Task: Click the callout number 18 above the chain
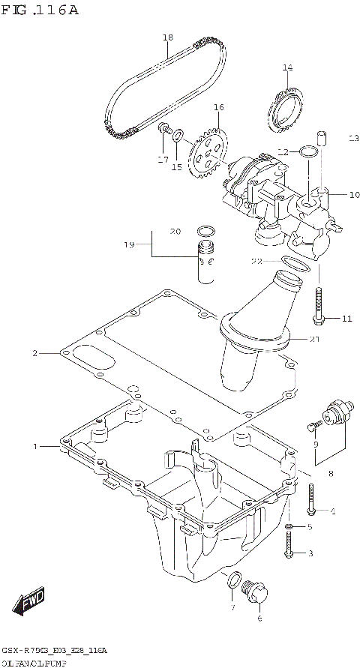point(167,37)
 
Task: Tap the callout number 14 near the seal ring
point(286,68)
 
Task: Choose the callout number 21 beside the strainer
point(314,339)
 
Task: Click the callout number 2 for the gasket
point(34,352)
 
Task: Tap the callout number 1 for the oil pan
point(34,447)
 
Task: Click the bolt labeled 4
point(312,499)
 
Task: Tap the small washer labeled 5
point(289,528)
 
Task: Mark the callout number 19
point(128,244)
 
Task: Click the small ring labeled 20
point(207,230)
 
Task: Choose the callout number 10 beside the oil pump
point(334,194)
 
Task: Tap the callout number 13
point(333,138)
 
